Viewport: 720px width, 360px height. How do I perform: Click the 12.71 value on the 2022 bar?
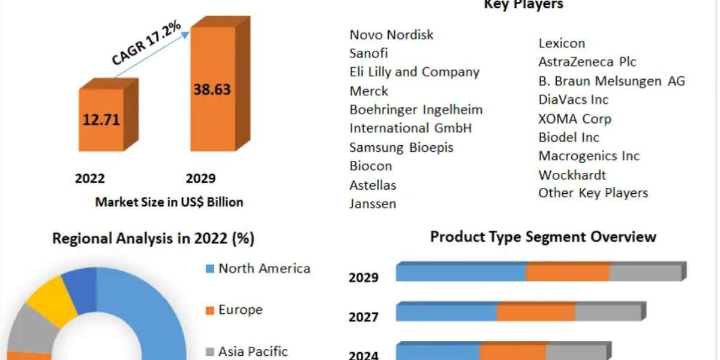(x=101, y=119)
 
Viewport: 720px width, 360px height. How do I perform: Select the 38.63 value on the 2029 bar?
(x=212, y=89)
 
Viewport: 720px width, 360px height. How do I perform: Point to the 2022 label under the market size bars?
(x=89, y=178)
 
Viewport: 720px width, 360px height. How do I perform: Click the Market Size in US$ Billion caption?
(x=169, y=202)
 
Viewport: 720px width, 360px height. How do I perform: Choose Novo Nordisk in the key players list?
(x=391, y=35)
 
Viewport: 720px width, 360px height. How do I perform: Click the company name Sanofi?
(x=368, y=53)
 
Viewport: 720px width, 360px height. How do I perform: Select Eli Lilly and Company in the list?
(x=414, y=72)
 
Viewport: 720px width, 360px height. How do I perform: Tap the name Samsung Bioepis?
(x=401, y=147)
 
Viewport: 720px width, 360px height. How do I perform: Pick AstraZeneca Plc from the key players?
(x=587, y=62)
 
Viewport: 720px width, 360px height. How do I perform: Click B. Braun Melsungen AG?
(x=611, y=81)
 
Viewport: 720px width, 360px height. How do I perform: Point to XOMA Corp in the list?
(x=574, y=119)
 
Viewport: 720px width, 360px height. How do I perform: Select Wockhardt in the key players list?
(x=572, y=175)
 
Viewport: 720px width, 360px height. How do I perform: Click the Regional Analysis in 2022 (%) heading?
(x=153, y=239)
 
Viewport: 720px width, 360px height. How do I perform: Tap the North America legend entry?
(x=263, y=268)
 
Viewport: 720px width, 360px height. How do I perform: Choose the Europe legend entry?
(x=240, y=310)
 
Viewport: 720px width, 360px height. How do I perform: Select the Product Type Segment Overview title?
(x=543, y=237)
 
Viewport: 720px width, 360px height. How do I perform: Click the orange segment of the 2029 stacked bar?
(x=568, y=272)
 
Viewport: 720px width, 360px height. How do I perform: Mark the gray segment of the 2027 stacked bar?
(x=607, y=313)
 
